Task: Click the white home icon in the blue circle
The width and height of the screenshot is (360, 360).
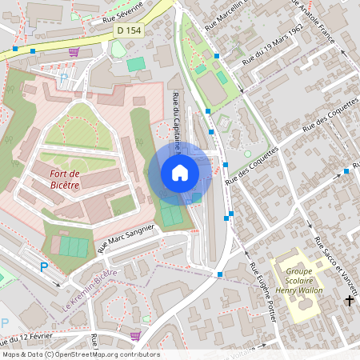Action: tap(179, 172)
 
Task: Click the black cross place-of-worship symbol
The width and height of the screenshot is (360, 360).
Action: tap(349, 300)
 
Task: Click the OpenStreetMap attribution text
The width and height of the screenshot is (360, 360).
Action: tap(80, 354)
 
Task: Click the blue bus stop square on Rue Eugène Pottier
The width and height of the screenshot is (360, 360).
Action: tap(220, 274)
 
